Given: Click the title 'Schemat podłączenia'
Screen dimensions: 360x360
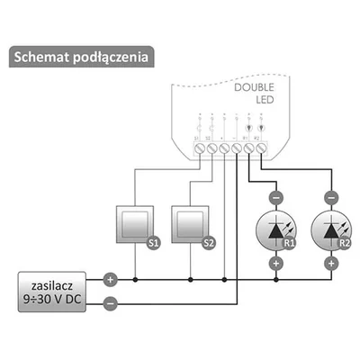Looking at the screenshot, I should pyautogui.click(x=81, y=56).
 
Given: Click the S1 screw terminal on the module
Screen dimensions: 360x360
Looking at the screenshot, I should pyautogui.click(x=200, y=147).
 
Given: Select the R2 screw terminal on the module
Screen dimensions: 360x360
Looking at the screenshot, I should pyautogui.click(x=262, y=147).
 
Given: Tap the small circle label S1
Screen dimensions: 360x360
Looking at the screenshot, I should pyautogui.click(x=152, y=242).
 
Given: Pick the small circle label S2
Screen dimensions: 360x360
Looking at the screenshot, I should pyautogui.click(x=209, y=242).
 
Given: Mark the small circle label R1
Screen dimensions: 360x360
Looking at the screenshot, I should pyautogui.click(x=289, y=243).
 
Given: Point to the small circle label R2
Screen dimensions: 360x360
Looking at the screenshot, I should pyautogui.click(x=346, y=243).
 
